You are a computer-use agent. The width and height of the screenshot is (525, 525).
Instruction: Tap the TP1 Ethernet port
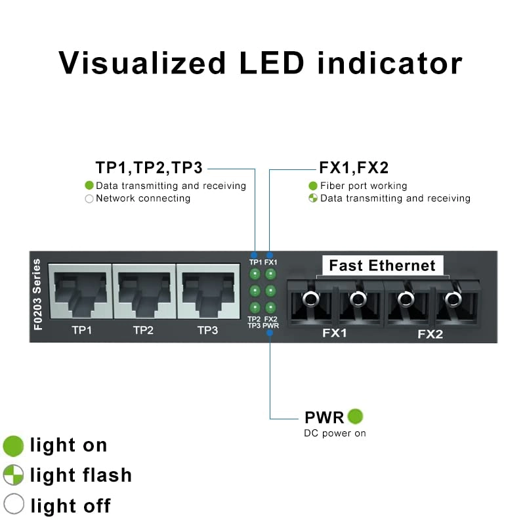79,291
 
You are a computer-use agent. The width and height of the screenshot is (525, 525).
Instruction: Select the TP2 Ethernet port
143,291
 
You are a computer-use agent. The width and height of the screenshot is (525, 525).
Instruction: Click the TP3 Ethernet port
207,291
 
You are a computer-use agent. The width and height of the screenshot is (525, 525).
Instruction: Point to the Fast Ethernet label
382,266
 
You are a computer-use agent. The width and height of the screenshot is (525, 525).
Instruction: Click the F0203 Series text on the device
37,295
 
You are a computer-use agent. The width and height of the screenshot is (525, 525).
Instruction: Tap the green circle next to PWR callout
355,416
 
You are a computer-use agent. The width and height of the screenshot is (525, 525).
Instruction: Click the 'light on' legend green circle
13,446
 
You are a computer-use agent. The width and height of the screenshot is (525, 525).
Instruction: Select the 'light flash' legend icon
13,475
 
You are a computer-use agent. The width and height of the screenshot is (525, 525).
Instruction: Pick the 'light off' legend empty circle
13,505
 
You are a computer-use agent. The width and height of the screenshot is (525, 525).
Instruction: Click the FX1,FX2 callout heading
354,168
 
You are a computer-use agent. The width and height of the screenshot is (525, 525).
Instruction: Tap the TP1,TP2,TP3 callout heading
150,168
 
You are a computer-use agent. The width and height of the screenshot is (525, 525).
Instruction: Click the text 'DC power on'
335,433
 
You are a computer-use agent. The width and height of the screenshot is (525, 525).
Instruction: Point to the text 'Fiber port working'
364,186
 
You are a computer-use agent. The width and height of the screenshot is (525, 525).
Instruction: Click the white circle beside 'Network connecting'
89,198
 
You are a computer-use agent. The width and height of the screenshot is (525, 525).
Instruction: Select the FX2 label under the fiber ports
430,334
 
